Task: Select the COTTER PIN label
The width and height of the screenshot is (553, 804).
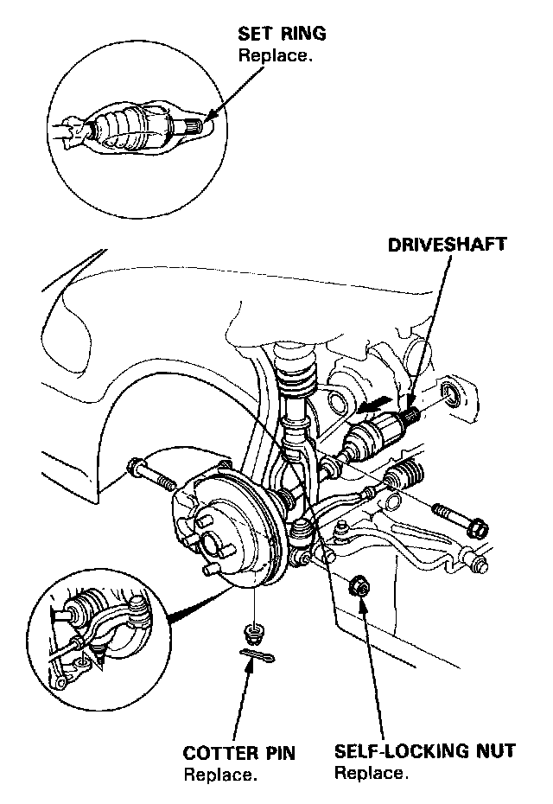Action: click(239, 753)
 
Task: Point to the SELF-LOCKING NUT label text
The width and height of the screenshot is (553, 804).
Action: click(425, 751)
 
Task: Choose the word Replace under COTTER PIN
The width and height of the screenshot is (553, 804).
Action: click(219, 774)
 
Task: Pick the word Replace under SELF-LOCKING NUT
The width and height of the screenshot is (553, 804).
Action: click(371, 772)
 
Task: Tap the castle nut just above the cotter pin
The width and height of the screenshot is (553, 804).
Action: click(254, 634)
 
